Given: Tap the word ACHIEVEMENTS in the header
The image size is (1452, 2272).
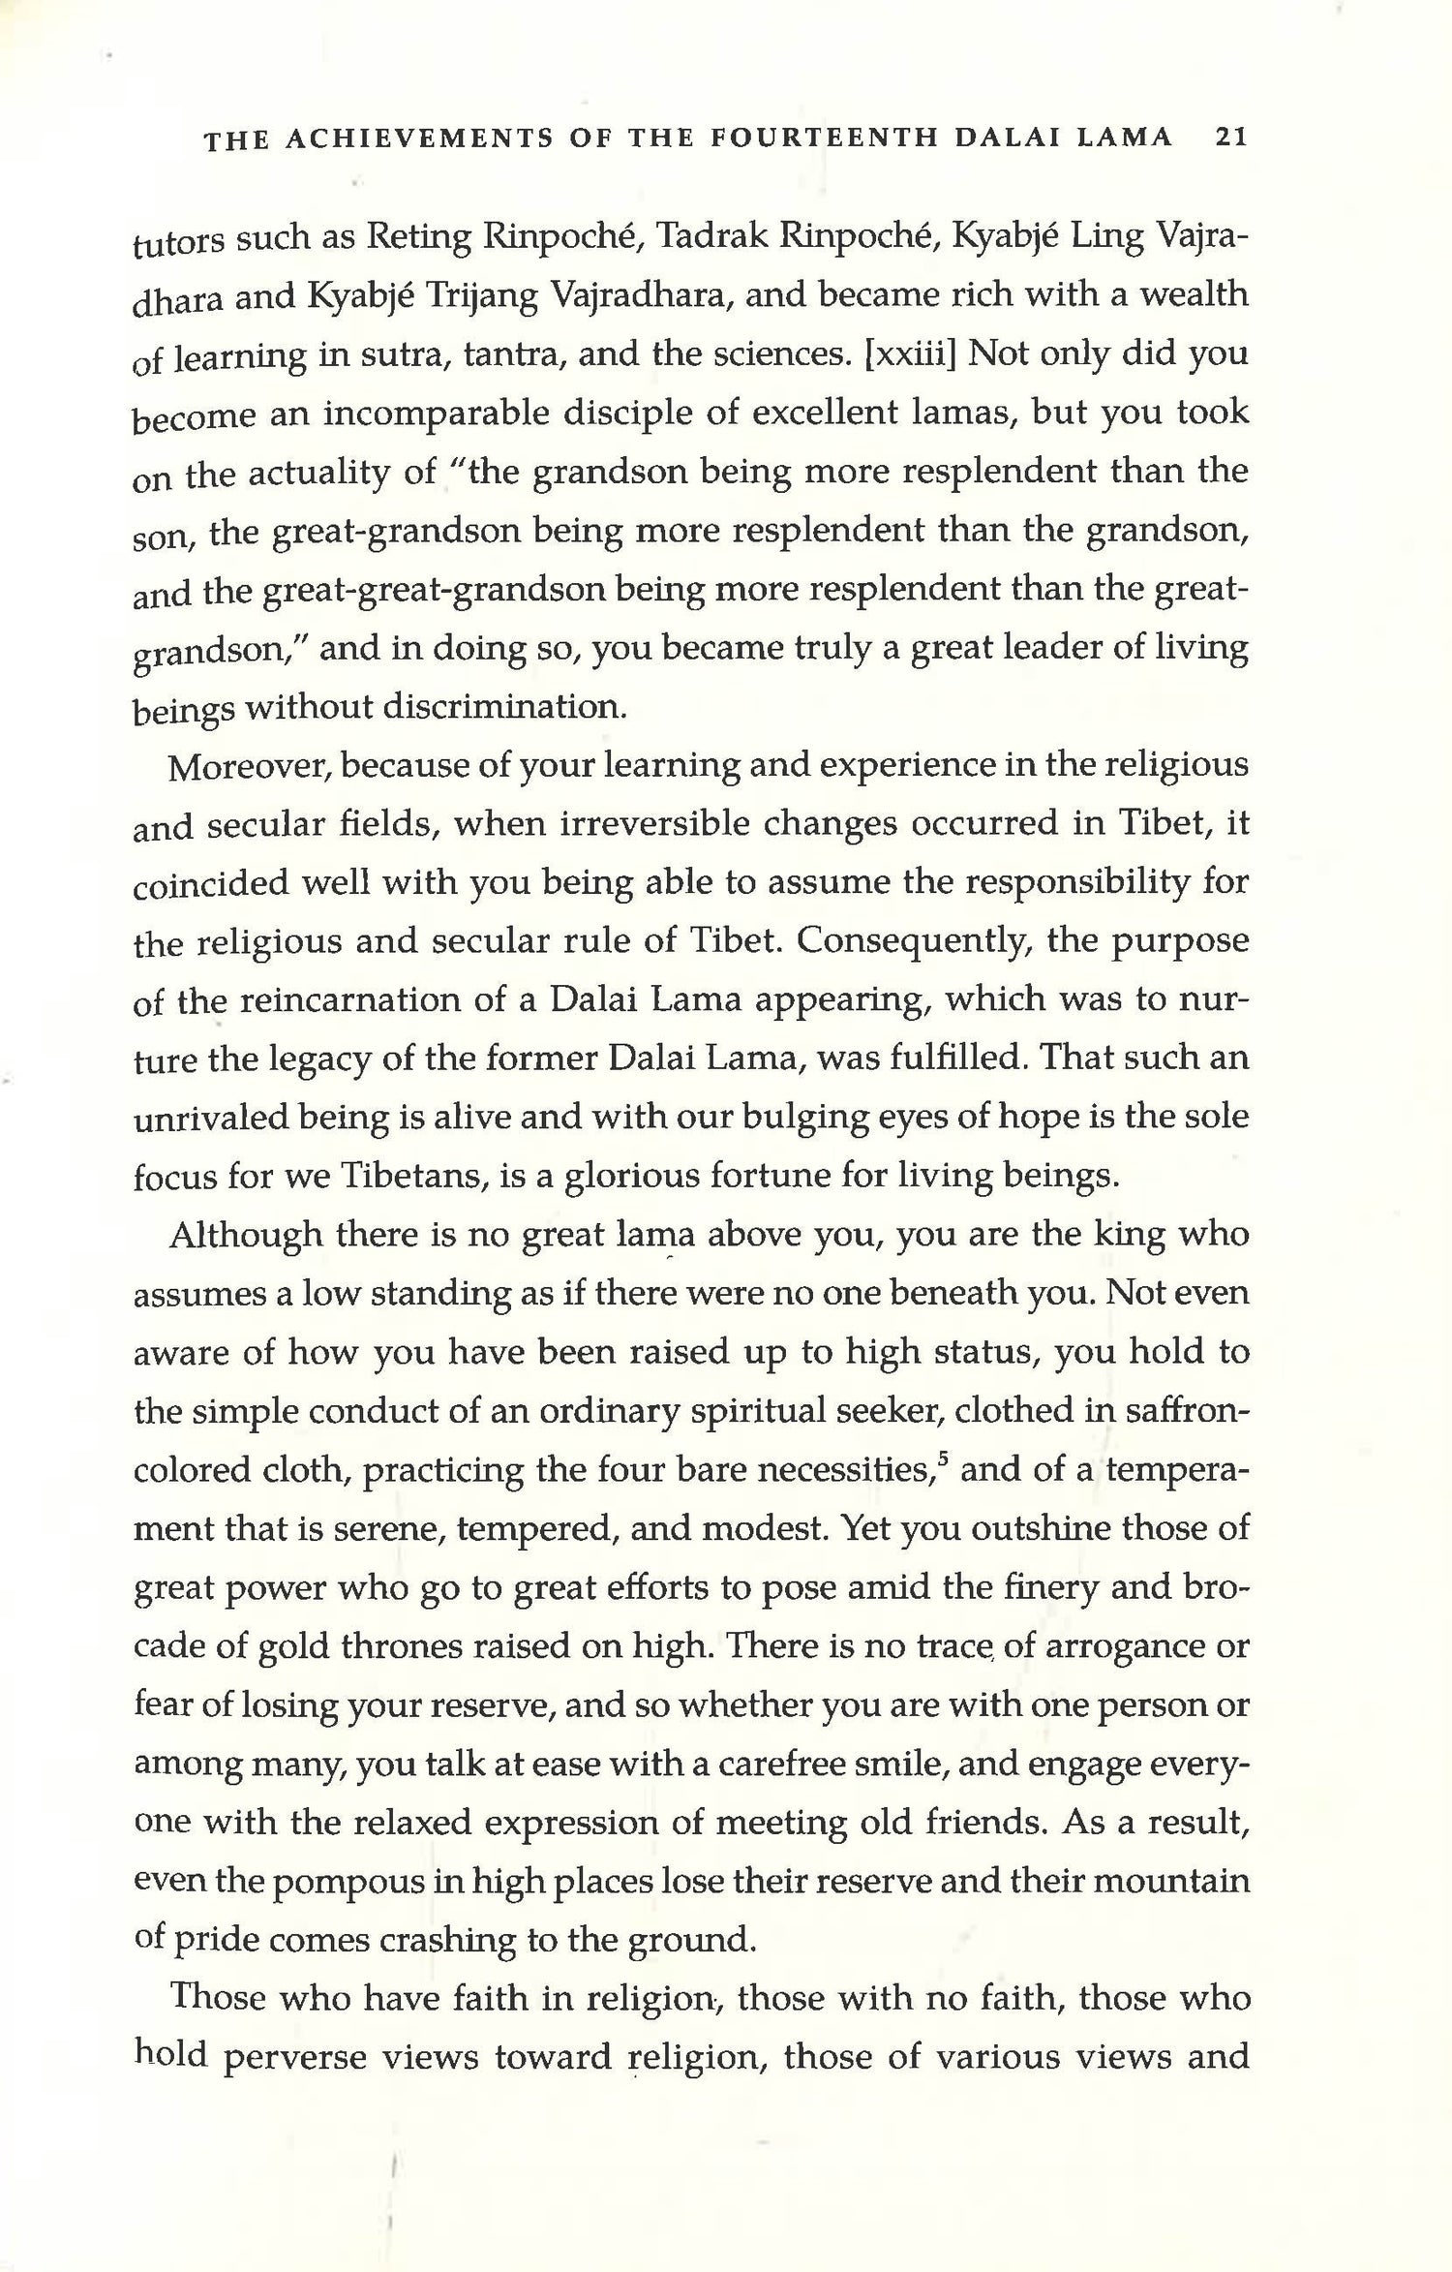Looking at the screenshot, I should click(413, 138).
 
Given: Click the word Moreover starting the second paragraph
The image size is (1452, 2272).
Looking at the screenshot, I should click(251, 767).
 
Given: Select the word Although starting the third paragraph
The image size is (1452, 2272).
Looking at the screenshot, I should click(246, 1236).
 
